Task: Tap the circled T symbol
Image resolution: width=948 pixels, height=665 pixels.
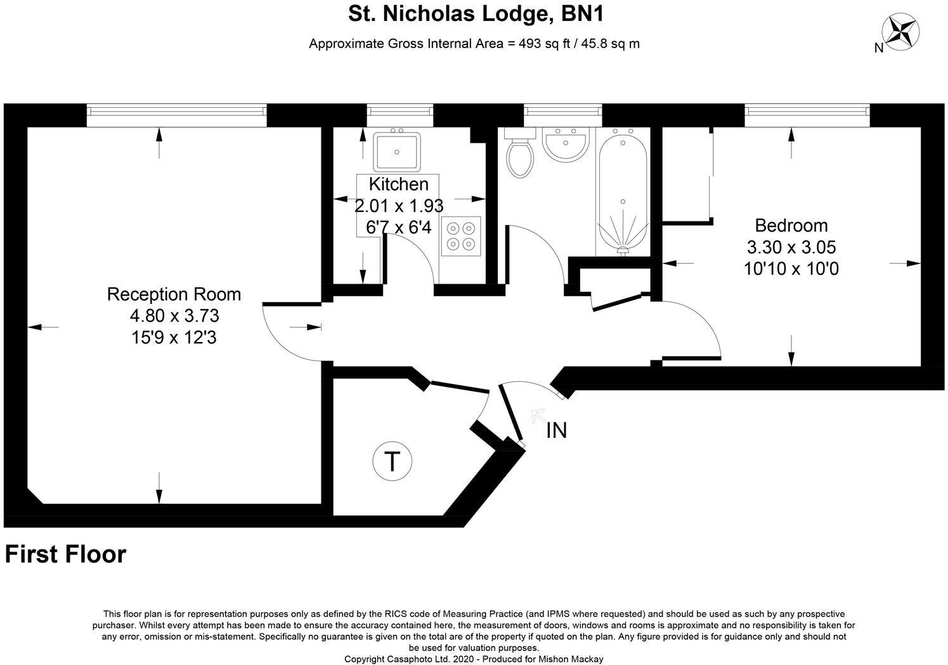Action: tap(392, 461)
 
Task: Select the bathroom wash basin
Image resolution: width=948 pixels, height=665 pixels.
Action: tap(567, 143)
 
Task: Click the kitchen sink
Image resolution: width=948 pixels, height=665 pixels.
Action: tap(396, 150)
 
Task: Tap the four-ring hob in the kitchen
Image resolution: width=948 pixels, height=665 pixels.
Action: tap(461, 235)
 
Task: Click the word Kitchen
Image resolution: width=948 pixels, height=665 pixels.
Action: tap(398, 185)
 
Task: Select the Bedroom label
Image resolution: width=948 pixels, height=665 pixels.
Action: tap(791, 225)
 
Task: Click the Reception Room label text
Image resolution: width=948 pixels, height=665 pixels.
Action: tap(174, 294)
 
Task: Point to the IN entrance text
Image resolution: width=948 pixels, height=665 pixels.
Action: tap(556, 431)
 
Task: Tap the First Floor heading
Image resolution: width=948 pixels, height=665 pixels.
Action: tap(65, 554)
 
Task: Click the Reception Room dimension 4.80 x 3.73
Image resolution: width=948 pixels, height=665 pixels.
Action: tap(174, 315)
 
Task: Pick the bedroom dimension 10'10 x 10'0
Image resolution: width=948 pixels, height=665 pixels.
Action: tap(791, 269)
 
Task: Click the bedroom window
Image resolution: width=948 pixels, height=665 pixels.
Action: tap(807, 111)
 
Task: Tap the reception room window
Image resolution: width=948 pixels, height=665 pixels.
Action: tap(176, 111)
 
